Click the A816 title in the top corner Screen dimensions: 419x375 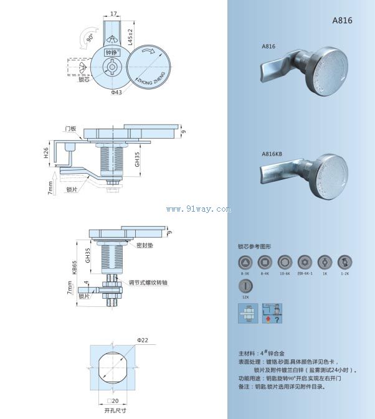tap(342, 20)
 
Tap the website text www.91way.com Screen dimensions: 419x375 tap(198, 209)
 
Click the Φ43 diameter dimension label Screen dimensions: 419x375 tap(116, 93)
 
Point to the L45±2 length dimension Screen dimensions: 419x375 tap(130, 37)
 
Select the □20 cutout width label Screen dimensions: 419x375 tap(113, 400)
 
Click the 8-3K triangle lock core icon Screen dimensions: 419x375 tap(245, 261)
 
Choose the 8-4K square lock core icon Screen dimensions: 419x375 tap(265, 261)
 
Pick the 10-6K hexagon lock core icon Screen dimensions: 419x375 tap(284, 261)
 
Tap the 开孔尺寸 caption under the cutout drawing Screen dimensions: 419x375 tap(115, 410)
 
